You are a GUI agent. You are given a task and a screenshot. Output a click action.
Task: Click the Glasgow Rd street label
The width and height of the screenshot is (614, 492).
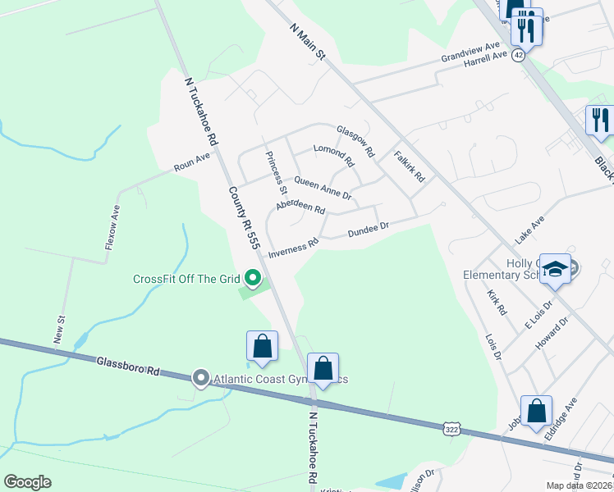(x=355, y=141)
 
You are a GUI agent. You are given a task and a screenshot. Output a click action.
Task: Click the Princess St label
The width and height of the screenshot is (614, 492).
(x=273, y=173)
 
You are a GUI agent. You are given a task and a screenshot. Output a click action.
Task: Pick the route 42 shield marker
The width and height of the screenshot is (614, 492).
(x=518, y=54)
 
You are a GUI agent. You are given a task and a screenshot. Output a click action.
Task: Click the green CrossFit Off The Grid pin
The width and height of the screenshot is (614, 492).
(x=253, y=280)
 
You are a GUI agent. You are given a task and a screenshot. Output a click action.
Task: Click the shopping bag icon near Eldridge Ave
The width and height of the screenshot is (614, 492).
(x=536, y=412)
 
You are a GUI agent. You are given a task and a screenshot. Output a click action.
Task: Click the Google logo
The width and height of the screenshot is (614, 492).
(x=27, y=482)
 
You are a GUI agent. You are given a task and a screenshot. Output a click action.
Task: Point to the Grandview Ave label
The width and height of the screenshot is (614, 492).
(x=470, y=52)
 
